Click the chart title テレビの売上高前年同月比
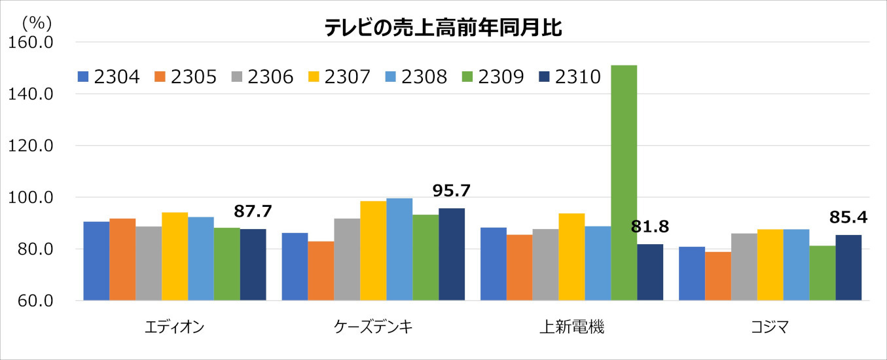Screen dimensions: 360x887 coord(443,28)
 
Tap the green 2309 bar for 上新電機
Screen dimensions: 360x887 coord(624,183)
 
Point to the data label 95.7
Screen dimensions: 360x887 coord(452,190)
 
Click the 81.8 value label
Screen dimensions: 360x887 coord(650,227)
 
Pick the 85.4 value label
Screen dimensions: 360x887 coord(848,217)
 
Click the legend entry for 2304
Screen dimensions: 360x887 coord(109,77)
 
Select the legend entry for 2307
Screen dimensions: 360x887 coord(340,77)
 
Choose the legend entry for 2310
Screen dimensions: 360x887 coord(569,77)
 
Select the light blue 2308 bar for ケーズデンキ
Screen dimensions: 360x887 coord(399,249)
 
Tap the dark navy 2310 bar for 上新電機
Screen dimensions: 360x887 coord(650,272)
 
